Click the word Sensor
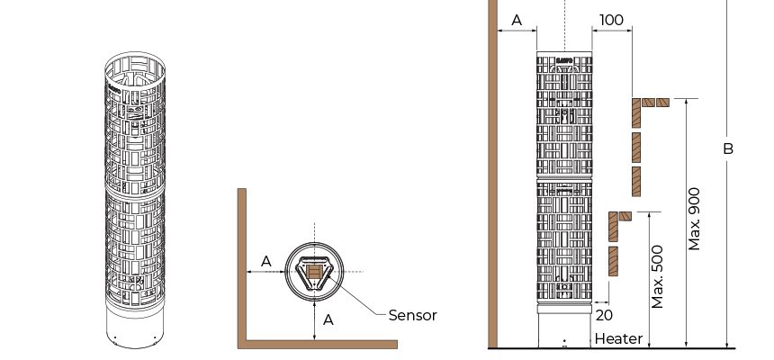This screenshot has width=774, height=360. click(412, 315)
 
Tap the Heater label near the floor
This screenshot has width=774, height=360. click(618, 338)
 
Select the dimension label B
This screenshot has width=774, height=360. click(728, 148)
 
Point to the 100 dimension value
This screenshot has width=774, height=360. click(611, 20)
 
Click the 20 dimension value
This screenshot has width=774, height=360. click(604, 315)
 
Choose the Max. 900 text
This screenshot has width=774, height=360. click(694, 219)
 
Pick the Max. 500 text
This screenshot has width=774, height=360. click(658, 277)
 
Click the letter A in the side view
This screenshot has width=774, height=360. click(517, 20)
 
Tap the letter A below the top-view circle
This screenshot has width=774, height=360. click(328, 320)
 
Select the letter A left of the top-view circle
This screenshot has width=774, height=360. click(265, 261)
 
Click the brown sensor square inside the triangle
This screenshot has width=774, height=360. click(314, 272)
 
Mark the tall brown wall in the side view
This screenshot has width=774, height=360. click(492, 174)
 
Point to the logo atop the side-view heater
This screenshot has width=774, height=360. click(564, 60)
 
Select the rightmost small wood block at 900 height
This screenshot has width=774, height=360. click(663, 103)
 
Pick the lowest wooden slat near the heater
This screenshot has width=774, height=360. click(613, 261)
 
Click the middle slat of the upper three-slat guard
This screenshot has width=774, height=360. click(636, 148)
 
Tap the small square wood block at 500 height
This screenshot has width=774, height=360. click(625, 216)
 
